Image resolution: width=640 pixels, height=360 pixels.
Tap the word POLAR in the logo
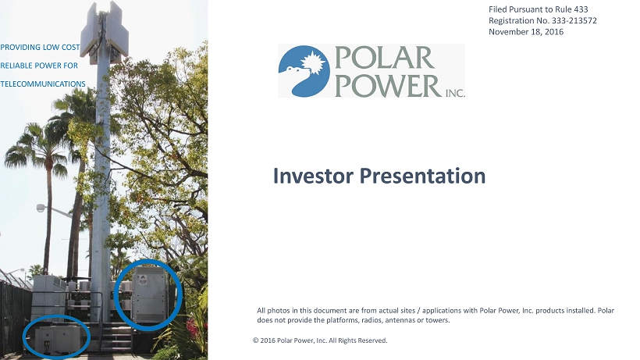(x=384, y=58)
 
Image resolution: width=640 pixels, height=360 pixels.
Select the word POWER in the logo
(x=388, y=85)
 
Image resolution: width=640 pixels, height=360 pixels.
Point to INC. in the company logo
(x=455, y=93)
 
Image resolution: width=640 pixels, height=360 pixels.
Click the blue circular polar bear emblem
(x=304, y=71)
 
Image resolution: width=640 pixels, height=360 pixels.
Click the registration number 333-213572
(x=574, y=20)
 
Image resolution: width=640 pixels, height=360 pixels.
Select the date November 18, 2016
(x=526, y=32)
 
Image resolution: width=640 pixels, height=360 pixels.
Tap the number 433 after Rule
(x=581, y=9)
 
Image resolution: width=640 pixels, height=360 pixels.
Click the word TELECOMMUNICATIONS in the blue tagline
(x=43, y=84)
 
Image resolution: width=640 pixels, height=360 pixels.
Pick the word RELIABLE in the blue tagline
(x=16, y=66)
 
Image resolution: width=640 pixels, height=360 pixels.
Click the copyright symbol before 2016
(x=255, y=340)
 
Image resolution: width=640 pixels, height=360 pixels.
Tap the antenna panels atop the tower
(x=105, y=30)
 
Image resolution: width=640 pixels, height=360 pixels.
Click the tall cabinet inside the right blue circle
(x=150, y=294)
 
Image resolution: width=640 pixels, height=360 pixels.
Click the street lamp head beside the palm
(x=41, y=209)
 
